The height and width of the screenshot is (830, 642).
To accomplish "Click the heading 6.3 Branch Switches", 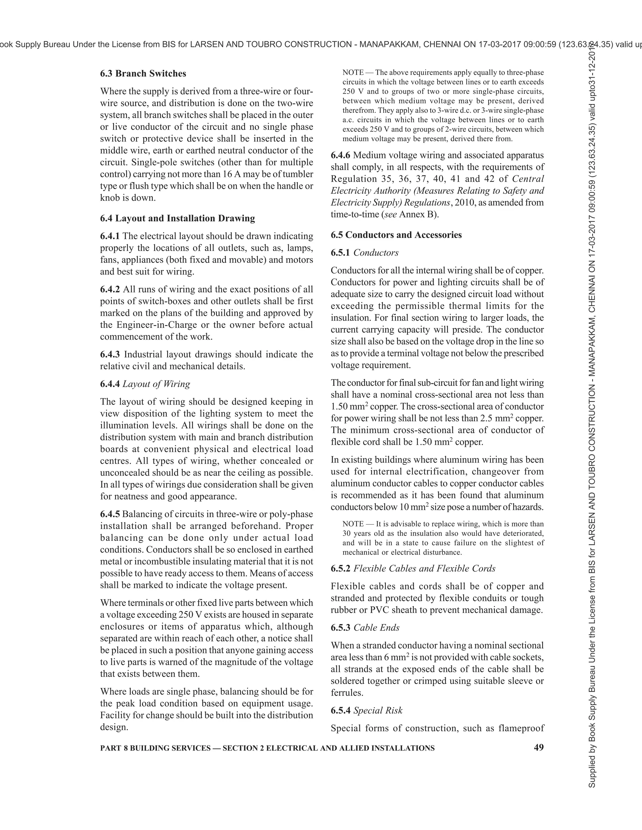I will coord(143,73).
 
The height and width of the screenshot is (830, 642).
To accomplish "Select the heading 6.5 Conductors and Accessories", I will coord(396,235).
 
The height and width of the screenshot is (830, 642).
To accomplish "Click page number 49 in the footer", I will coord(539,747).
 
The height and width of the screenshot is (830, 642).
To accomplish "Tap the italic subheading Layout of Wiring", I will coord(156,384).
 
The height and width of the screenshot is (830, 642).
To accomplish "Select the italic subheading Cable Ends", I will coord(376,627).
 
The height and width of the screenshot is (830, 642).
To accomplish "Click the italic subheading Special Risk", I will coord(378,710).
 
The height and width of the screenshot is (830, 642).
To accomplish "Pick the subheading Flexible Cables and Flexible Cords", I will coord(424,568).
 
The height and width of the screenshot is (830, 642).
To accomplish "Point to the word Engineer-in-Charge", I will coord(157,325).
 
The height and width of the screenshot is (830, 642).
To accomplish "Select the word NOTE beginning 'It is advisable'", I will coord(353,524).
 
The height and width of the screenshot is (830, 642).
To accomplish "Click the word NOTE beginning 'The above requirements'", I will coord(353,73).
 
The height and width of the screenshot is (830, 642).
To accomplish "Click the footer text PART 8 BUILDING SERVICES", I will coord(155,748).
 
